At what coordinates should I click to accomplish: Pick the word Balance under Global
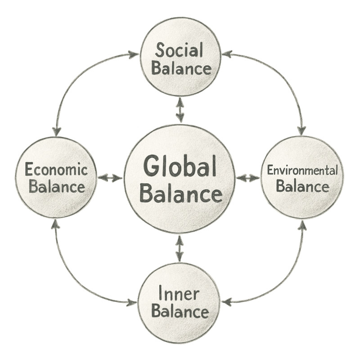coord(180,194)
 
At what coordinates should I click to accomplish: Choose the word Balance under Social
coord(181,69)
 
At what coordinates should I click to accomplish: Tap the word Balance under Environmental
coord(302,186)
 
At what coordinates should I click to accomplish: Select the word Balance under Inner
coord(180,311)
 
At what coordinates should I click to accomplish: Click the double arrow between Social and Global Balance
coord(180,110)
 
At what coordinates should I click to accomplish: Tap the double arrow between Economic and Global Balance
coord(110,178)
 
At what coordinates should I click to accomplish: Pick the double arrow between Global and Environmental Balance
coord(248,178)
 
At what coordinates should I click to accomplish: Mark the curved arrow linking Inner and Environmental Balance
coord(283,279)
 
